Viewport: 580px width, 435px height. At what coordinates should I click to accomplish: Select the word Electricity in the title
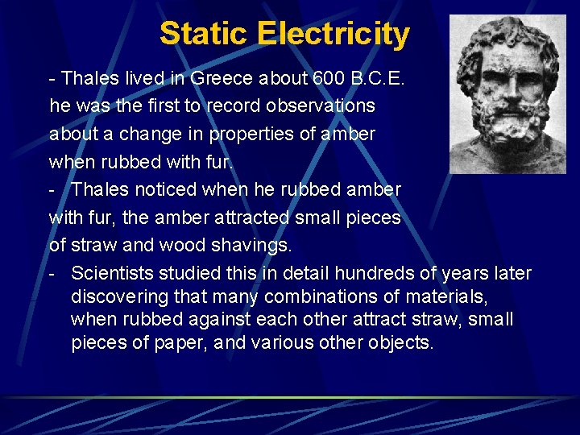333,34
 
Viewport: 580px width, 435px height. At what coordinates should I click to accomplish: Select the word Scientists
112,273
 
